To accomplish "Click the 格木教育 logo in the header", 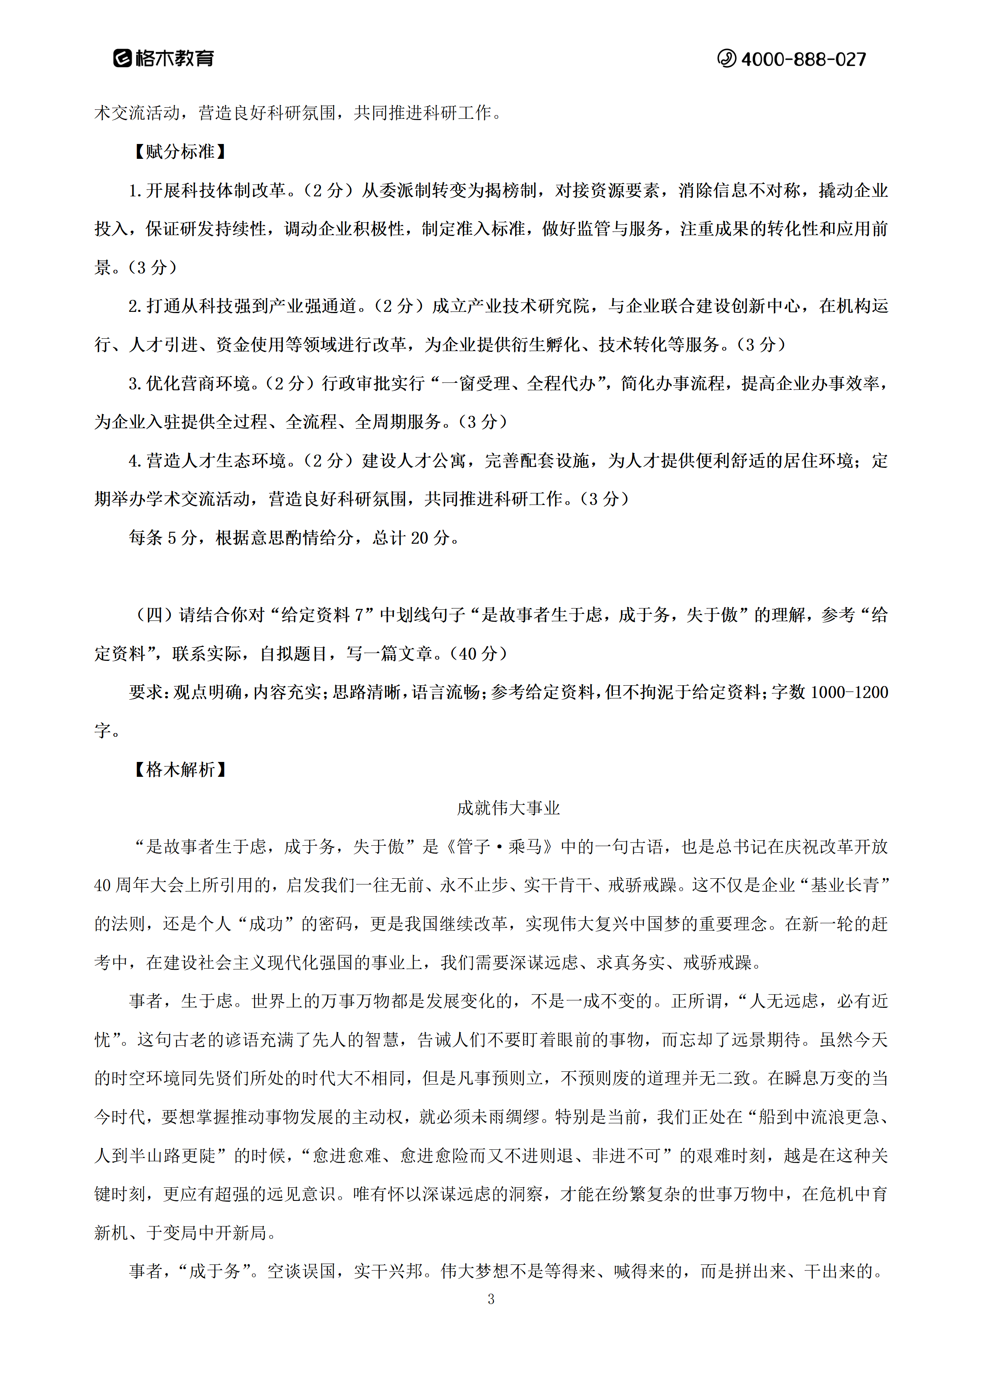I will point(163,58).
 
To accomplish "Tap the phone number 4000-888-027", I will point(803,59).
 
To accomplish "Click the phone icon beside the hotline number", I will point(726,59).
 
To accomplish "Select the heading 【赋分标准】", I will point(179,151).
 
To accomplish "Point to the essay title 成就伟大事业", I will point(508,808).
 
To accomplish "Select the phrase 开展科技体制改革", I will point(215,191).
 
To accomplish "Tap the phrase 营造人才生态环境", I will point(215,461).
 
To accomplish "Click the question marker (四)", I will point(154,615).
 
